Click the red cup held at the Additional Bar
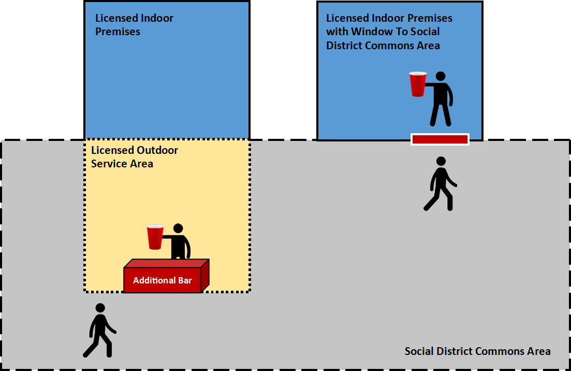[155, 237]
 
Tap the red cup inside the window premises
[418, 84]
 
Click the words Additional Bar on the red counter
[162, 280]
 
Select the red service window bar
[440, 139]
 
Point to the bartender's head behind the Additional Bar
[178, 229]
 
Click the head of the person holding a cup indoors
[440, 76]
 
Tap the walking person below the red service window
[440, 183]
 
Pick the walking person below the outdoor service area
[99, 330]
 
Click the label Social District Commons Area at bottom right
[477, 351]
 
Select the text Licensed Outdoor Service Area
[134, 156]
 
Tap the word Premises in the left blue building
[118, 32]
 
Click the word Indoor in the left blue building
[157, 18]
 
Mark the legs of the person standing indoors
[440, 114]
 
